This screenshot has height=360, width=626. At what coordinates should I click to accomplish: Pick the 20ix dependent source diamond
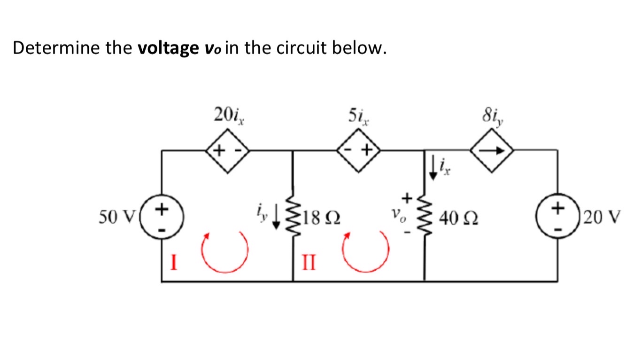pyautogui.click(x=227, y=150)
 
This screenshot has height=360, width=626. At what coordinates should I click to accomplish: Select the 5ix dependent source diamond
pyautogui.click(x=359, y=150)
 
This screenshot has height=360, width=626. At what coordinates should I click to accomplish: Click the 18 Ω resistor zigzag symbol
pyautogui.click(x=294, y=218)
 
